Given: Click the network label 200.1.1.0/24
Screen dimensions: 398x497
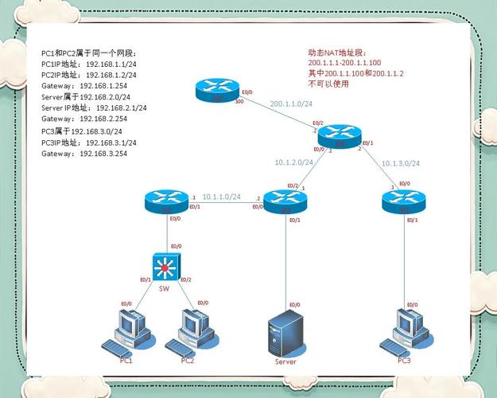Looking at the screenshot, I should click(289, 103).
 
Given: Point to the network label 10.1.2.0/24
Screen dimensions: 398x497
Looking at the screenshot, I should click(293, 162).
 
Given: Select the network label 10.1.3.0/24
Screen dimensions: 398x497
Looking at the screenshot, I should click(400, 162).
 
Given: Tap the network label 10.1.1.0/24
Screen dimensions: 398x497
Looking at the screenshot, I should click(221, 197).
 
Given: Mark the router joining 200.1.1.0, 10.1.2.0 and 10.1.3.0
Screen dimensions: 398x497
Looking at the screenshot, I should click(339, 135).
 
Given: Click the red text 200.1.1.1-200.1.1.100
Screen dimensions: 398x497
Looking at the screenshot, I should click(344, 61).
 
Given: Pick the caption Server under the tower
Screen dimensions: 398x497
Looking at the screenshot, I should click(285, 361).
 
